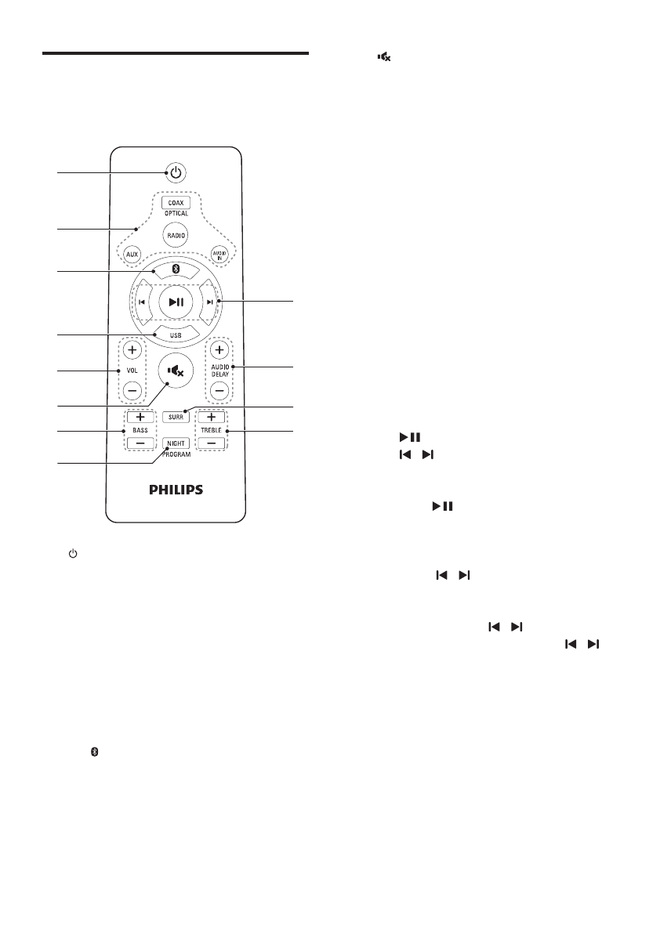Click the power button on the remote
pyautogui.click(x=176, y=172)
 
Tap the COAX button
pyautogui.click(x=176, y=203)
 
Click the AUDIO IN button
pyautogui.click(x=219, y=255)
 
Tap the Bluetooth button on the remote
pyautogui.click(x=176, y=269)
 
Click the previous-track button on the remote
pyautogui.click(x=142, y=302)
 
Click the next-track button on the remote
pyautogui.click(x=209, y=302)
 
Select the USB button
pyautogui.click(x=176, y=335)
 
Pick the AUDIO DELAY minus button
pyautogui.click(x=220, y=389)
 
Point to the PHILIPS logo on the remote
pyautogui.click(x=176, y=490)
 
